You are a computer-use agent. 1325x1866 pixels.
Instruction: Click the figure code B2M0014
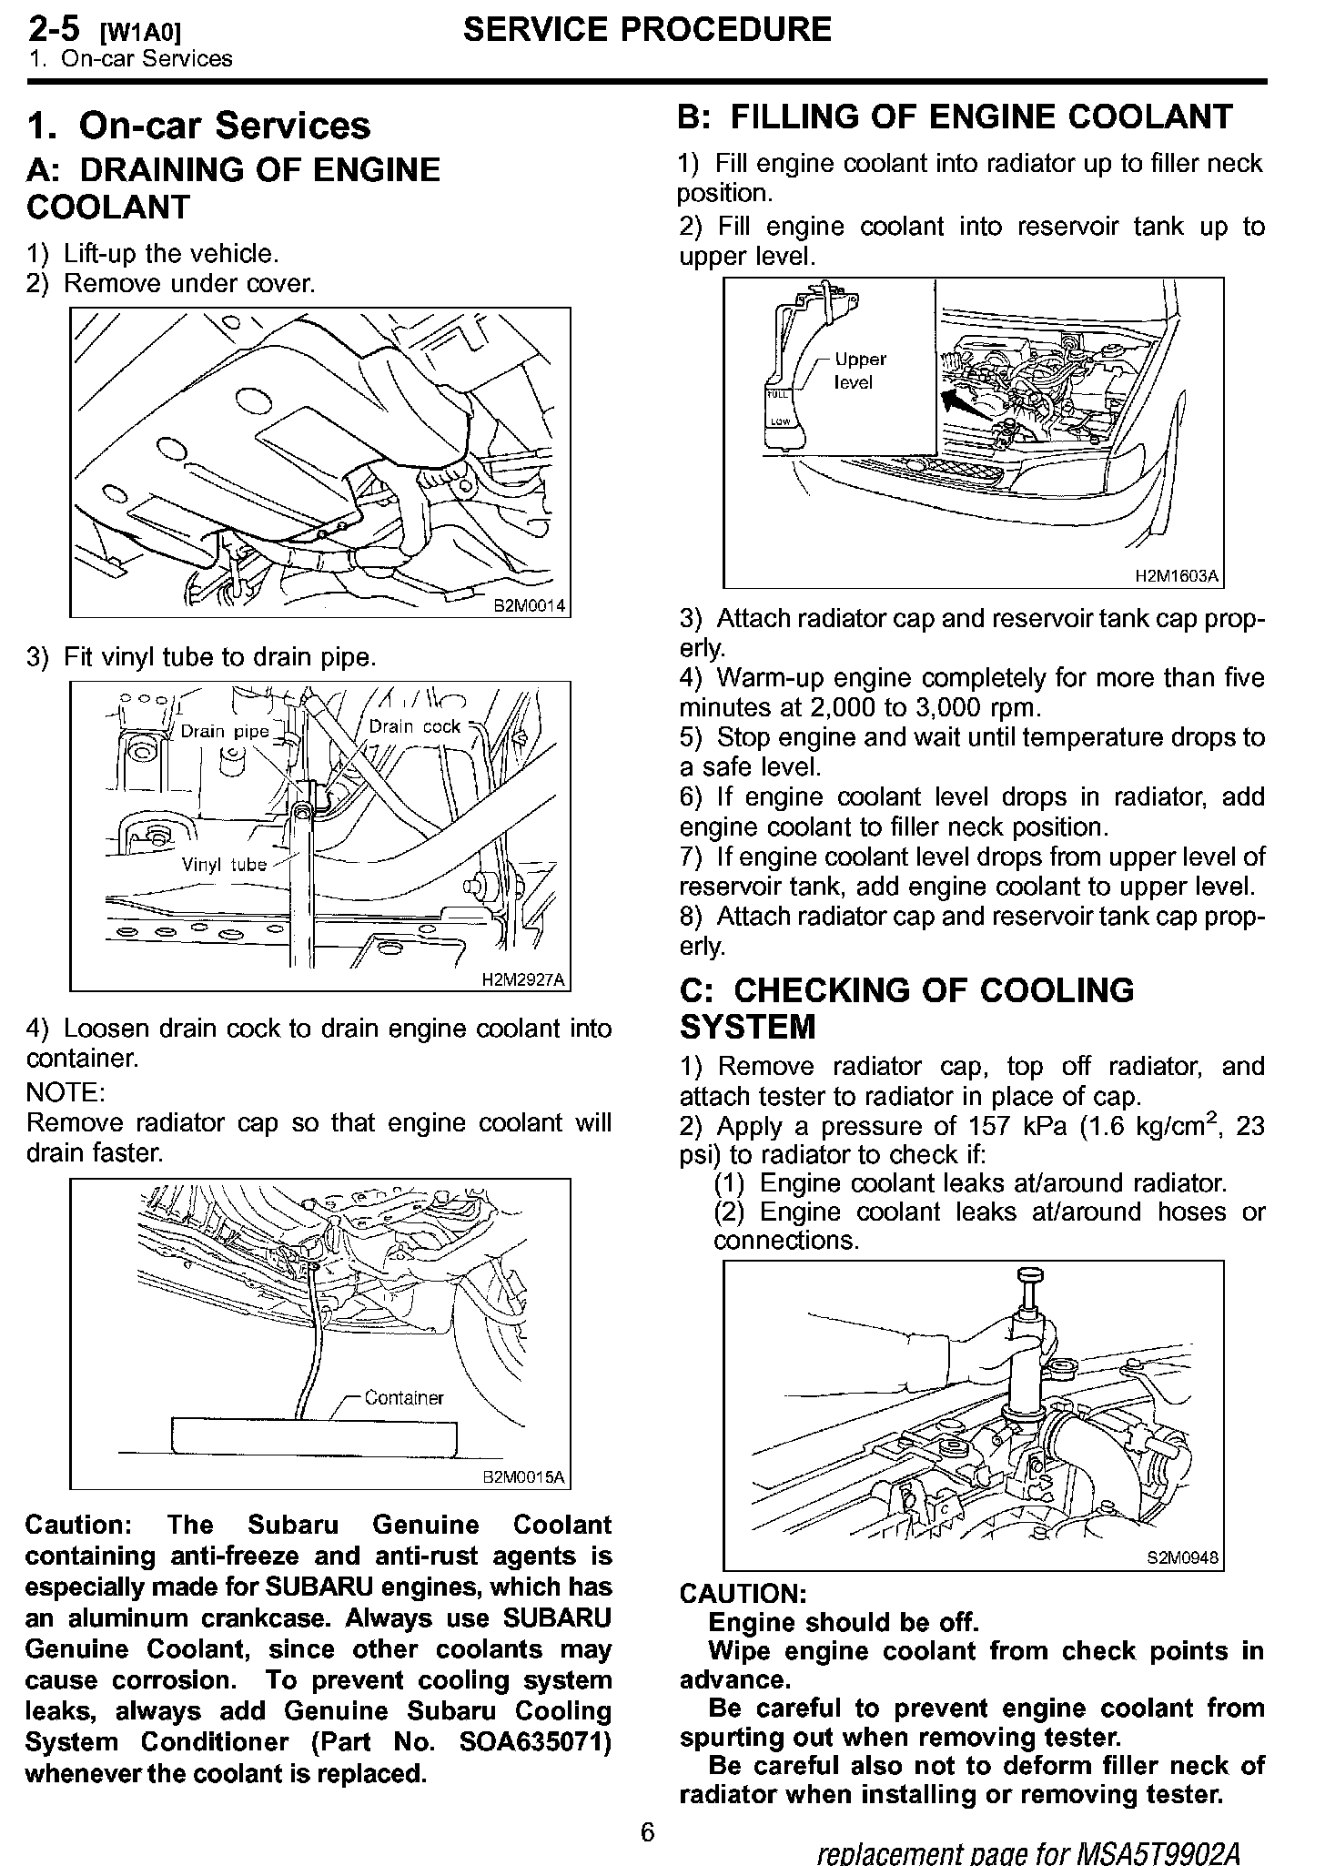[529, 605]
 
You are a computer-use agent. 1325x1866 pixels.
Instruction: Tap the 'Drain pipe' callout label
[225, 731]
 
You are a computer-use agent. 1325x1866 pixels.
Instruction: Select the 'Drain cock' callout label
[415, 726]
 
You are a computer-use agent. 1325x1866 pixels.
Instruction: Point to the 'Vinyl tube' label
[224, 865]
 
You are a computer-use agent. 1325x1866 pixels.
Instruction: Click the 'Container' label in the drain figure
[404, 1397]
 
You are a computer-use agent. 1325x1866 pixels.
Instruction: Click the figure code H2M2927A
[522, 979]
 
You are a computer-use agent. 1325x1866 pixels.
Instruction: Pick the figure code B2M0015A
[523, 1476]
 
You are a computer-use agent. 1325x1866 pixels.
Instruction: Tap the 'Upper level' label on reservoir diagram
[859, 370]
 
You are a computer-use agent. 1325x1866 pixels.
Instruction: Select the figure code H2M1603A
[1176, 576]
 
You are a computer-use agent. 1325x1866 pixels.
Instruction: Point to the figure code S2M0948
[1182, 1557]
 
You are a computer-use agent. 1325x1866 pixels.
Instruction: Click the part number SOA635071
[535, 1742]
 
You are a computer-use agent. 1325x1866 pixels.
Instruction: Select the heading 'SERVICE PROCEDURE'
[647, 30]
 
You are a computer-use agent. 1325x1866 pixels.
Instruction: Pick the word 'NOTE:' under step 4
[66, 1091]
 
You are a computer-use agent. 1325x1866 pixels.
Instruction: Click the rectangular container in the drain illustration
[314, 1437]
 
